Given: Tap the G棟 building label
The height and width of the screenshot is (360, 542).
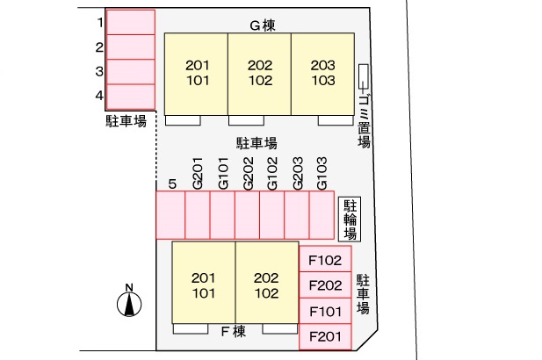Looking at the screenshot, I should point(262,25).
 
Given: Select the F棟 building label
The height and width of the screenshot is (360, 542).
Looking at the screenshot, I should point(233,331).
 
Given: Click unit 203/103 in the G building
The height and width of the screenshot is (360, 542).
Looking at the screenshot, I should point(322,73).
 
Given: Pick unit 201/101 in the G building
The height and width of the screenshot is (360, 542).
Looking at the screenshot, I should point(198,73).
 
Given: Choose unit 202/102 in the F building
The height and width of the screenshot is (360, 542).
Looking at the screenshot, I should point(265,284).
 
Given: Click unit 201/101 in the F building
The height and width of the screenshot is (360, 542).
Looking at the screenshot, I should point(203,284).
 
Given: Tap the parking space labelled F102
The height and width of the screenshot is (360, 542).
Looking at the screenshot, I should point(325,260).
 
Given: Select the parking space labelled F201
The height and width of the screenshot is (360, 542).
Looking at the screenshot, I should point(325,336).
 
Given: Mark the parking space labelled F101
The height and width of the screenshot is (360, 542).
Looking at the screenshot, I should point(325,311).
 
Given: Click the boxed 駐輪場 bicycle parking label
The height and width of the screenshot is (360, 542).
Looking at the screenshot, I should point(349,219).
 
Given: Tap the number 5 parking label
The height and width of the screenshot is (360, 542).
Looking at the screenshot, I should point(172,184).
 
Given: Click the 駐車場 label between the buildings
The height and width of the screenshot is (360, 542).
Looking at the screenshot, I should point(257,142).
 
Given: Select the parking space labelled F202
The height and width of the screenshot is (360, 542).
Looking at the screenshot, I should point(325,285).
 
